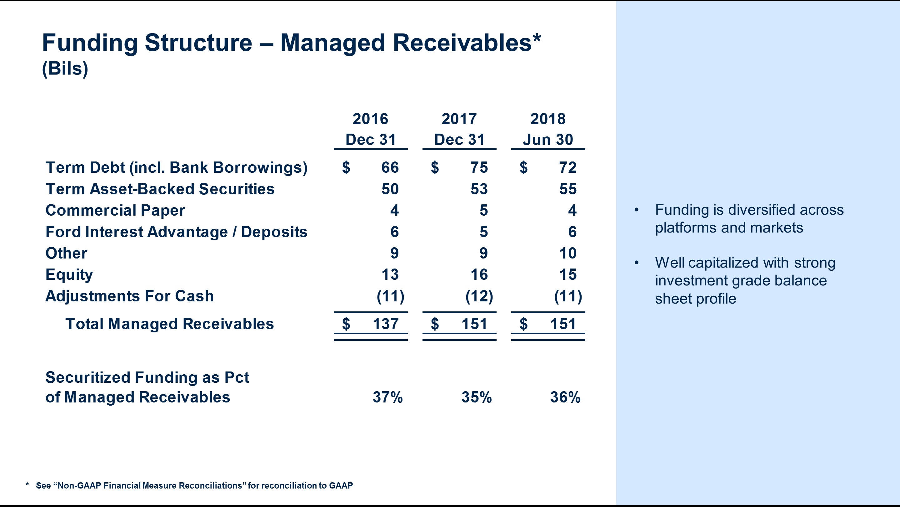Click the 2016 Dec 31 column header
point(370,130)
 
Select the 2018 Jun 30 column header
point(548,130)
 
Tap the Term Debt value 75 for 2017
point(479,168)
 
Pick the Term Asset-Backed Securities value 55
point(567,189)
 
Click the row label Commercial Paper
point(115,211)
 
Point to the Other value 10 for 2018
point(567,253)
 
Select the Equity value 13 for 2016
point(390,275)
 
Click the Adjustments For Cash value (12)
point(479,296)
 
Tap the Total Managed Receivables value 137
point(385,324)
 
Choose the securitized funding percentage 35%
point(476,397)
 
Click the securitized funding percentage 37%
point(387,397)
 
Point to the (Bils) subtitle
point(65,69)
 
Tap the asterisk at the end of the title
point(537,38)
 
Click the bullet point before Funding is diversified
point(636,210)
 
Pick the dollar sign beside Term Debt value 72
point(523,168)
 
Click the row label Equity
point(69,275)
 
